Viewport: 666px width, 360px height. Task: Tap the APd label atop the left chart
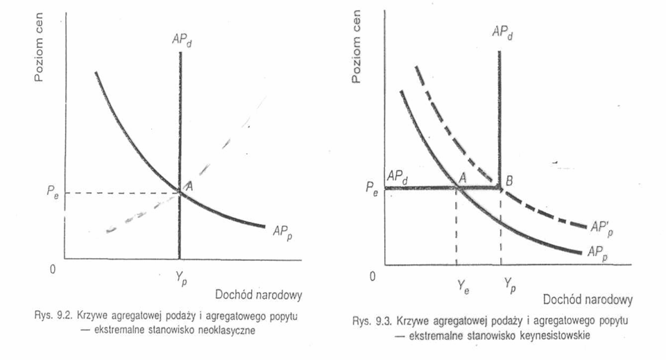click(182, 41)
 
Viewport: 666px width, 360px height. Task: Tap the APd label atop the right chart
click(502, 33)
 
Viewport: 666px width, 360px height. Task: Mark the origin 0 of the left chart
click(53, 269)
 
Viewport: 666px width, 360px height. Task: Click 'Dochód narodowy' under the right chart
click(588, 300)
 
